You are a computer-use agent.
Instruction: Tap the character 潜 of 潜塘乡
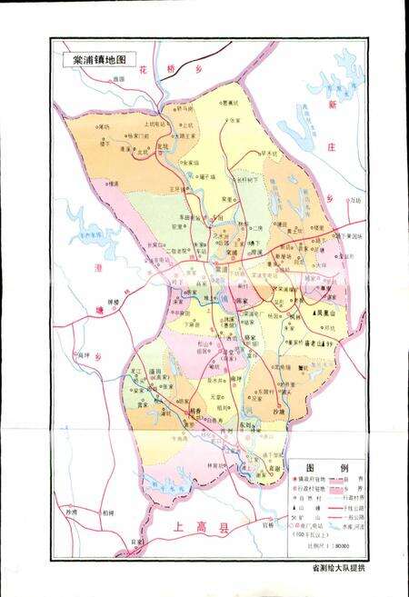[98, 267]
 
